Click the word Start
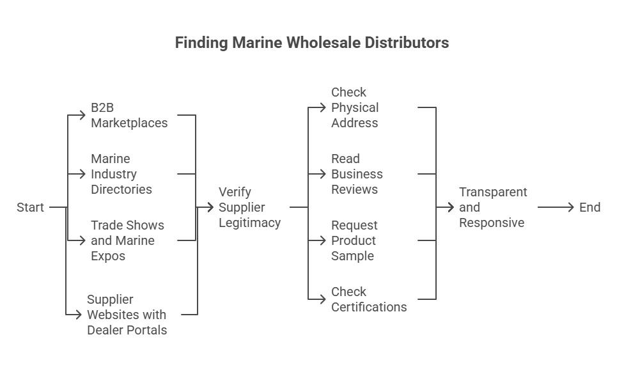pyautogui.click(x=30, y=207)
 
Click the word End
pyautogui.click(x=589, y=207)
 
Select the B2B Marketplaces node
pyautogui.click(x=129, y=115)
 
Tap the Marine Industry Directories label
pyautogui.click(x=121, y=174)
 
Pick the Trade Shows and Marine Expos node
pyautogui.click(x=127, y=240)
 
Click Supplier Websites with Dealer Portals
pyautogui.click(x=127, y=315)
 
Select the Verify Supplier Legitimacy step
pyautogui.click(x=249, y=207)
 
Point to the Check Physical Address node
pyautogui.click(x=355, y=107)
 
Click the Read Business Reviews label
pyautogui.click(x=357, y=174)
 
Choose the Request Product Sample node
pyautogui.click(x=354, y=240)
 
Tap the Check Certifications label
pyautogui.click(x=369, y=299)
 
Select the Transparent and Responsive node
pyautogui.click(x=493, y=207)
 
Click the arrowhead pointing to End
pyautogui.click(x=571, y=207)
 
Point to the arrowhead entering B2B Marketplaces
pyautogui.click(x=82, y=115)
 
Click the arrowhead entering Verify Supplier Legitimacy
pyautogui.click(x=211, y=207)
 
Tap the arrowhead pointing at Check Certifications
pyautogui.click(x=323, y=299)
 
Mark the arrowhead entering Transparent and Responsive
pyautogui.click(x=451, y=207)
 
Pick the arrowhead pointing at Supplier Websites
pyautogui.click(x=79, y=315)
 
